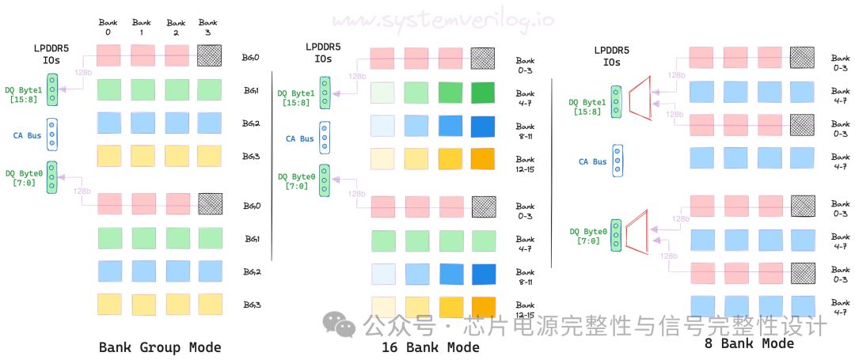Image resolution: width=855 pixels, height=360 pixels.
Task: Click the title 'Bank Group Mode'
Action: pos(160,347)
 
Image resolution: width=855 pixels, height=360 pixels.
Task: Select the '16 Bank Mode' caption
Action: pos(431,347)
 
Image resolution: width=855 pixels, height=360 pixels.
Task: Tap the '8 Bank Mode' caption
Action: pos(749,343)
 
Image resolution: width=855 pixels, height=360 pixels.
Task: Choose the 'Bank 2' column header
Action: pos(176,27)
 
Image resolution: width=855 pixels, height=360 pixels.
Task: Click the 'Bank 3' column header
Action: pos(209,27)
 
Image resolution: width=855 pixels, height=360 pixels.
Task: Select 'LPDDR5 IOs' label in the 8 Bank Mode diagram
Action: pos(612,56)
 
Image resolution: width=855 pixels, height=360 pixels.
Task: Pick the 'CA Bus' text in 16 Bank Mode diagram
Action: pos(299,138)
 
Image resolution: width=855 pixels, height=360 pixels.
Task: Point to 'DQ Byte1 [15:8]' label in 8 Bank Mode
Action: pos(587,106)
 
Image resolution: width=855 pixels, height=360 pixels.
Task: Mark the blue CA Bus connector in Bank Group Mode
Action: pos(51,134)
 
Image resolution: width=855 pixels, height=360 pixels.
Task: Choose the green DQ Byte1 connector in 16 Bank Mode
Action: pos(325,92)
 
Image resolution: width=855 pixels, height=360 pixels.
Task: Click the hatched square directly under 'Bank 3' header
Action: pos(209,55)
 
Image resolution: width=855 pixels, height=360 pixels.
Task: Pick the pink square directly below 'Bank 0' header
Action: pos(108,55)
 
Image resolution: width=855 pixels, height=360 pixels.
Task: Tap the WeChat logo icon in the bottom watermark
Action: pos(343,324)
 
